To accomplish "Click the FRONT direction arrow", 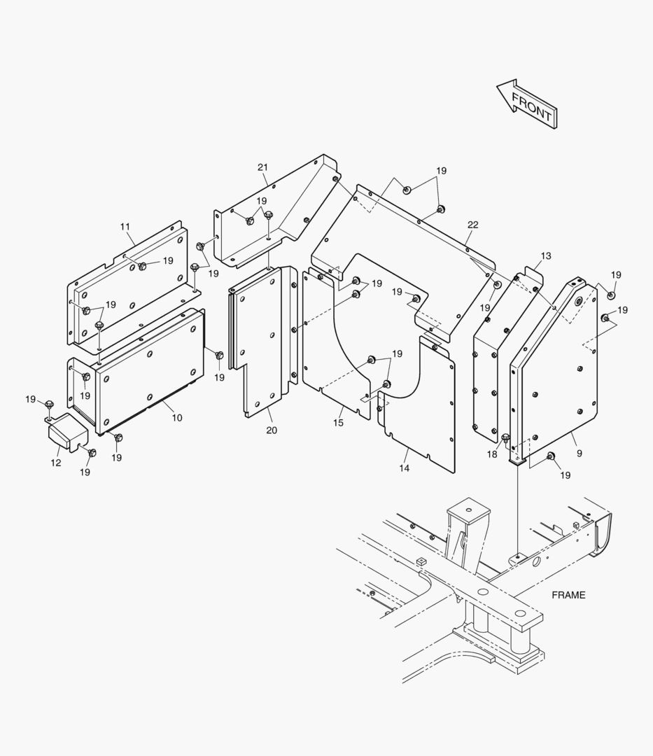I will coord(526,104).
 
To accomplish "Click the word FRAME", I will coord(568,595).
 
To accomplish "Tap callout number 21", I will coord(262,167).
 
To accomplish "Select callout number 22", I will coord(473,225).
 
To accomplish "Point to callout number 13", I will coord(546,256).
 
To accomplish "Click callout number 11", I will coord(125,227).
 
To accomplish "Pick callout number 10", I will coord(177,418).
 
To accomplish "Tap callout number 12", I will coord(55,463).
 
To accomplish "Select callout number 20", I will coord(271,430).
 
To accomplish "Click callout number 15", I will coord(338,423).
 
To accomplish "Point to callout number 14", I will coord(405,468).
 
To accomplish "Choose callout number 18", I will coord(492,454).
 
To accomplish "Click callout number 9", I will coord(579,453).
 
